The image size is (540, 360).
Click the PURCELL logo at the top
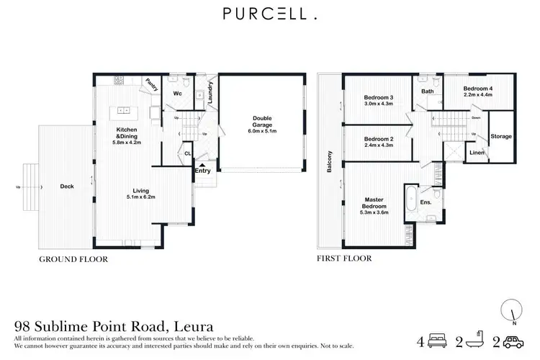[x=269, y=14]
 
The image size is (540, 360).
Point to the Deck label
[x=68, y=186]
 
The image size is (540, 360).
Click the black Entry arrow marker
[x=202, y=165]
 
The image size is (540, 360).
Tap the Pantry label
[x=152, y=85]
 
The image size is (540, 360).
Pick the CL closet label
[x=186, y=153]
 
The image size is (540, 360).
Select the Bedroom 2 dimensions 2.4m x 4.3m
[x=378, y=146]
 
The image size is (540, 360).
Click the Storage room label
[x=501, y=135]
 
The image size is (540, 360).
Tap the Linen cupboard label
[x=477, y=152]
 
